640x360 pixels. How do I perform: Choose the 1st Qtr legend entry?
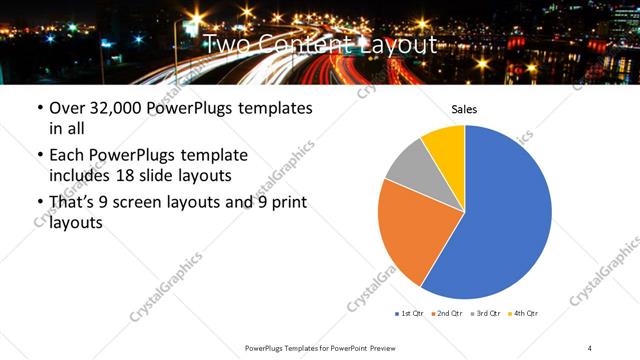point(409,314)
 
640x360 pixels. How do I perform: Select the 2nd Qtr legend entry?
point(446,314)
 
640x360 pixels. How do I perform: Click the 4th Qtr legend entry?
point(522,314)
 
